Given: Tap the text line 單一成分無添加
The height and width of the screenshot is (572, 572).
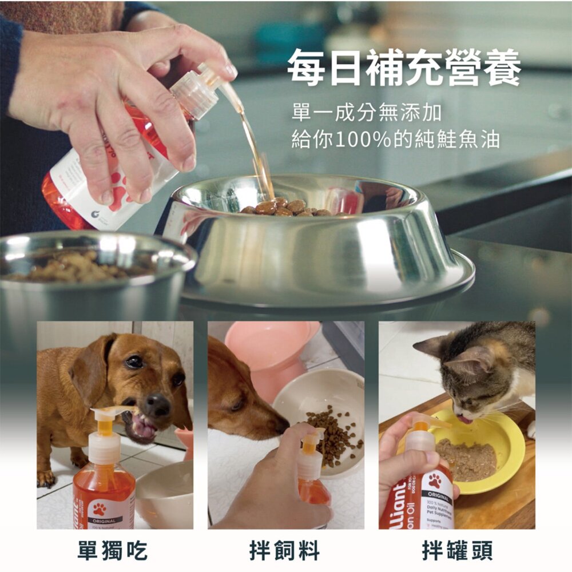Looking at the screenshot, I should (366, 113).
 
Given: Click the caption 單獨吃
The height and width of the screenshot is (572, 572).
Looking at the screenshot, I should (113, 551).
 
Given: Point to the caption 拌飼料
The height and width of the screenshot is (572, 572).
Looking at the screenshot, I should (285, 551).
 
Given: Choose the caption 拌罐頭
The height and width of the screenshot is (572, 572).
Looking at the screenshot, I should (457, 551).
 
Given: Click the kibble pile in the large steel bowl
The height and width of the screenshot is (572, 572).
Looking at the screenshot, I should (286, 208).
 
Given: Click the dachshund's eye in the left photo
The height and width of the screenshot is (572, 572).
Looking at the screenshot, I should (134, 362).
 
